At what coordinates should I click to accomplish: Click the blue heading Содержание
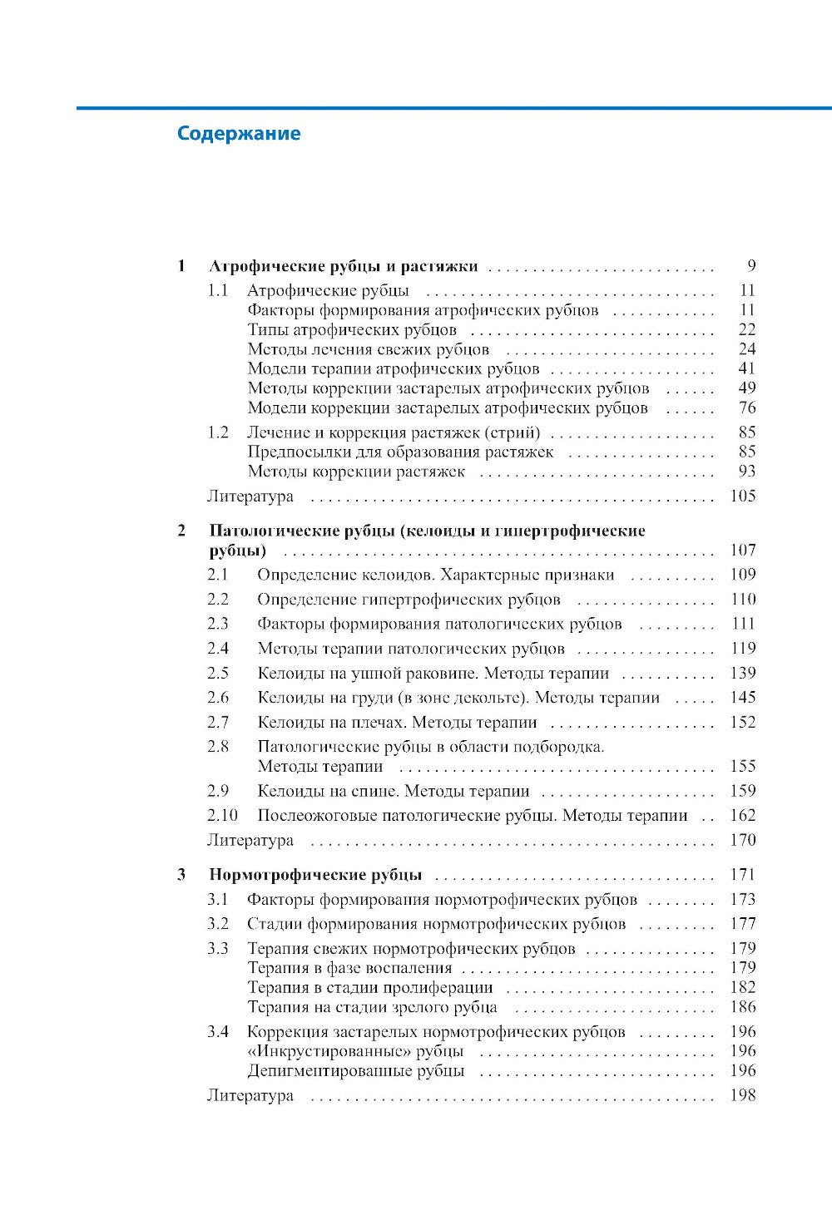239,134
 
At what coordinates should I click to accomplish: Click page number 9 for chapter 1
751,266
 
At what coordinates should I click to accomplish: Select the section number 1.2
217,432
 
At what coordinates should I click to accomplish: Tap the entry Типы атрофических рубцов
352,330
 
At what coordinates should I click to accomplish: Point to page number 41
746,368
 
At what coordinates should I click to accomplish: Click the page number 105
742,496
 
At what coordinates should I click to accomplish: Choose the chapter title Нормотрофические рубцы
315,875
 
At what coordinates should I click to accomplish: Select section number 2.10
222,816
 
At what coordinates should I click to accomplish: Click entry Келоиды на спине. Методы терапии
394,791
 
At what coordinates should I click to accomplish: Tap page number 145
742,698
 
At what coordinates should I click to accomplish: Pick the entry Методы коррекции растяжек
356,472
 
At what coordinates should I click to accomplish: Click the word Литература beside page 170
250,840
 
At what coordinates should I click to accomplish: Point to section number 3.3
217,948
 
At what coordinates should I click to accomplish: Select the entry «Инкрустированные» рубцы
355,1051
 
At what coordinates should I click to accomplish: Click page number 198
742,1095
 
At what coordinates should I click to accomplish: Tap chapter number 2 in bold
181,531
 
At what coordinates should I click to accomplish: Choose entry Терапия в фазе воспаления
349,967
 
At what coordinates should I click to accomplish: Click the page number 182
742,987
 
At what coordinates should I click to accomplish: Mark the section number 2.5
217,673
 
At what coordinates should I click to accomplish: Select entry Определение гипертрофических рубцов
409,600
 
